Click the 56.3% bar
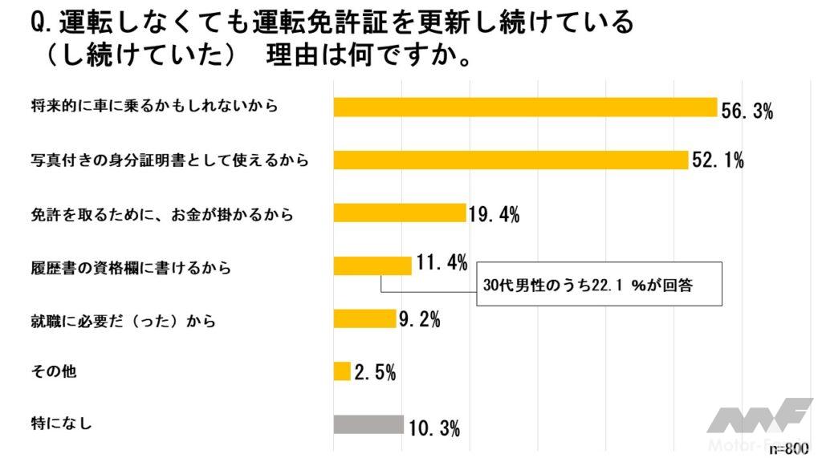click(524, 107)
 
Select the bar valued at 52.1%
click(511, 160)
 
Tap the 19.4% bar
click(399, 213)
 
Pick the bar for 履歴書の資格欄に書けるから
click(372, 265)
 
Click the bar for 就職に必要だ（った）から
click(364, 318)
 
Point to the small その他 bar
click(342, 371)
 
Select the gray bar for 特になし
click(368, 424)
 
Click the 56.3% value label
click(747, 111)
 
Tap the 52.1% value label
click(718, 162)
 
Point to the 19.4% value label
click(493, 215)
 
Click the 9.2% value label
click(419, 322)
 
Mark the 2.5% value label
click(374, 373)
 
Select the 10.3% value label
click(433, 428)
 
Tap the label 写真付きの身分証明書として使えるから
click(168, 160)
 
